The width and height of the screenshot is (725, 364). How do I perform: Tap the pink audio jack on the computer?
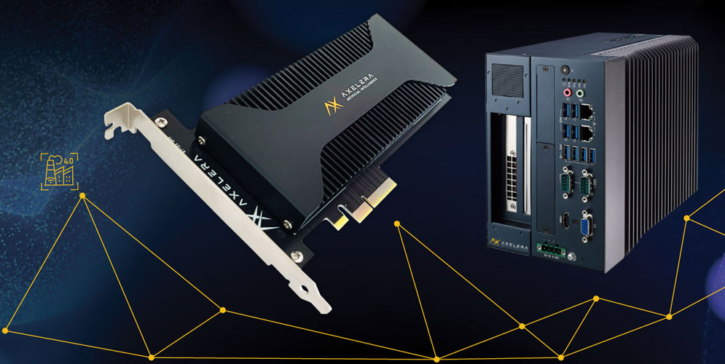pyautogui.click(x=563, y=92)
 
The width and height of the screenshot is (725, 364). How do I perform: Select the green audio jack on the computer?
pyautogui.click(x=580, y=92)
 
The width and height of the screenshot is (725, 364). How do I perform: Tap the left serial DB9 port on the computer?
pyautogui.click(x=565, y=181)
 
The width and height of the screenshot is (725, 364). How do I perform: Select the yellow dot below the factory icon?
pyautogui.click(x=82, y=196)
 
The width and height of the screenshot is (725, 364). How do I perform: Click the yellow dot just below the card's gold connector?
pyautogui.click(x=397, y=223)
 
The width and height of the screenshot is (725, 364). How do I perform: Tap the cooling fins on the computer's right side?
pyautogui.click(x=656, y=146)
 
